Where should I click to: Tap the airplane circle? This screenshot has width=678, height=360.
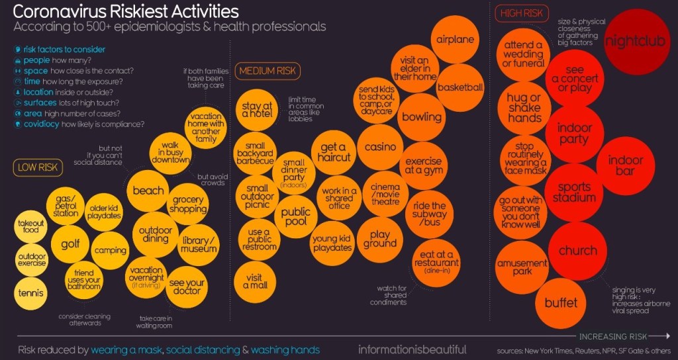point(456,40)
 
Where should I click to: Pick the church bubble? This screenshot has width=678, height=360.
point(577,251)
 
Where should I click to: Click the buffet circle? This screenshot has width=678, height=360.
point(561,303)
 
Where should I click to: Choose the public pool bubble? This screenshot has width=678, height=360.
point(295,216)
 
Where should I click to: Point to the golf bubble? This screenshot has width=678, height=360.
point(70,244)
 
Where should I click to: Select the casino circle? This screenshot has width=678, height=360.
point(380,147)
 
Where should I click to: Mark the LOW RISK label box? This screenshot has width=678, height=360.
point(38,168)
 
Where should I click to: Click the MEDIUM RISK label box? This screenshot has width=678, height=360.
point(268,71)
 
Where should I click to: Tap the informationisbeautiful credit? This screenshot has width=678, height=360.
point(412,349)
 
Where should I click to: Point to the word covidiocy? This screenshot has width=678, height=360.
point(40,124)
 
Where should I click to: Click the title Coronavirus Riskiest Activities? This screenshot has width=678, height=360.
point(126,11)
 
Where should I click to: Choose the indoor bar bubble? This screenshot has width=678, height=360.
point(626,166)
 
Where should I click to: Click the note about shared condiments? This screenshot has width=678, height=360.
point(392,295)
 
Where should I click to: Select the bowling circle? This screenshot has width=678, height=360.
point(422,117)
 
